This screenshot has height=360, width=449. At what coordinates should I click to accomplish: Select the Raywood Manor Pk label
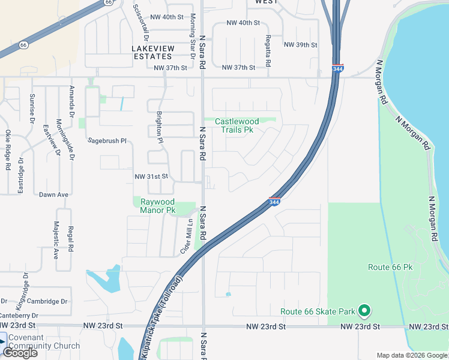(x=158, y=206)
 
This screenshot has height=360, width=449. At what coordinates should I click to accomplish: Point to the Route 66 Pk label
(x=391, y=266)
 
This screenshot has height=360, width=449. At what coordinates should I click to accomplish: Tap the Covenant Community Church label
(x=44, y=341)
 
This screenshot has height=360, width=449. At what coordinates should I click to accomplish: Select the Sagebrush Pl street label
(x=107, y=141)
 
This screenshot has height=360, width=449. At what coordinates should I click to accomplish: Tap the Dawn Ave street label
(x=54, y=194)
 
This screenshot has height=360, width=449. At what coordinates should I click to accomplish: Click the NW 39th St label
(x=300, y=45)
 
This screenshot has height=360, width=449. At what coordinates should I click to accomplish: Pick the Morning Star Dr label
(x=193, y=36)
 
